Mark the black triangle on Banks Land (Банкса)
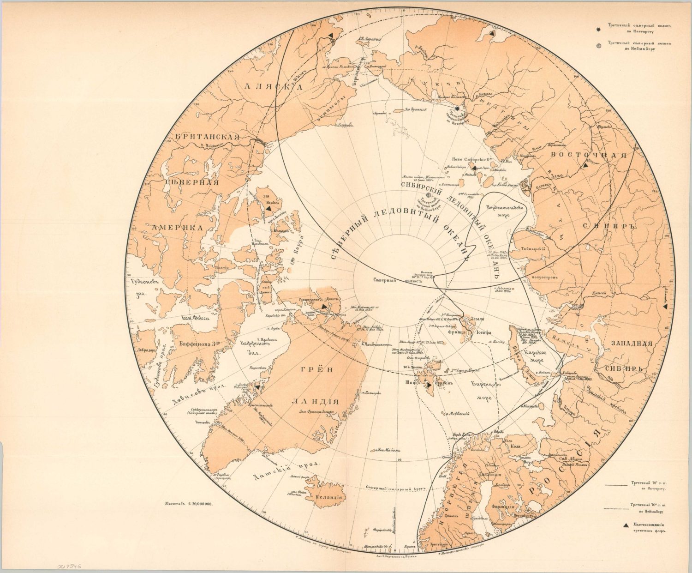(268, 209)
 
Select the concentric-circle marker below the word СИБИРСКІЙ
(430, 195)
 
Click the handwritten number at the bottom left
(66, 566)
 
